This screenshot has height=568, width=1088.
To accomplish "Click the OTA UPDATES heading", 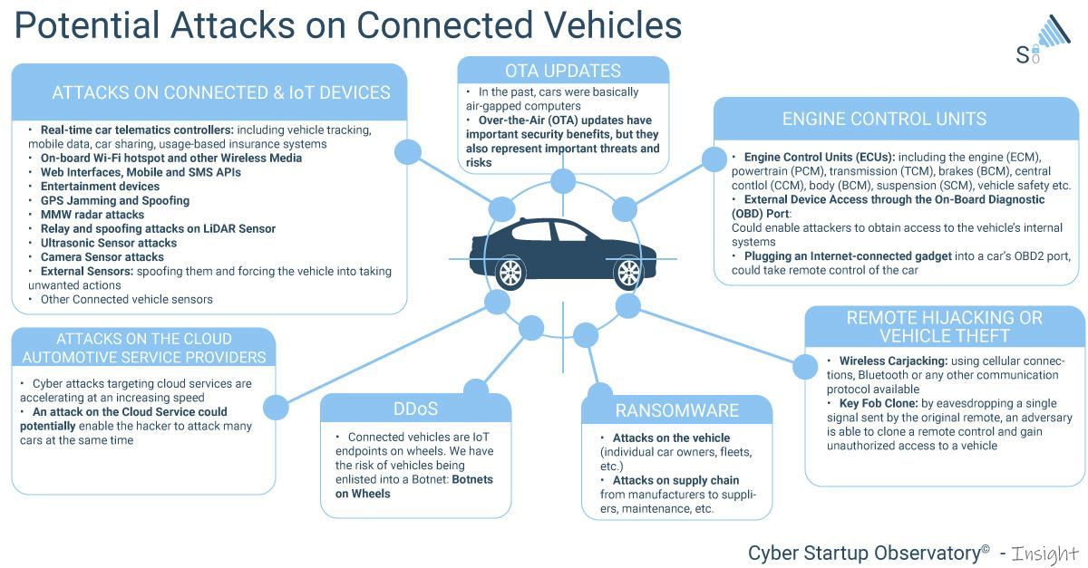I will [562, 71].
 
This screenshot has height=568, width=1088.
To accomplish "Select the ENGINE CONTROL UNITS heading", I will [884, 120].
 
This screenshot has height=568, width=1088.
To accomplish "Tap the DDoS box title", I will [415, 409].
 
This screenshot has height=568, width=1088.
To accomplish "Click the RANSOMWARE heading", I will [676, 411].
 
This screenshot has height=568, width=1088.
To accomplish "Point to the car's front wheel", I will [627, 272].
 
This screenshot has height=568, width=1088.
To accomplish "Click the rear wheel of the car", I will [510, 272].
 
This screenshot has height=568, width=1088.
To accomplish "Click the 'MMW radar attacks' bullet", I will [92, 215].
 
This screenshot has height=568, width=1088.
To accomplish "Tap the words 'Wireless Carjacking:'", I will [893, 361].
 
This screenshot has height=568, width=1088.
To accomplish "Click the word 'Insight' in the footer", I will [1043, 553].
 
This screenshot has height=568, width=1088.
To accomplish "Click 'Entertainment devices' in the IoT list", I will [100, 186].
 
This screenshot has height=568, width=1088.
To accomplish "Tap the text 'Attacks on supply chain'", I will [675, 480].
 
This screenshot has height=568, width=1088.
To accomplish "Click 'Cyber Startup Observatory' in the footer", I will [863, 553].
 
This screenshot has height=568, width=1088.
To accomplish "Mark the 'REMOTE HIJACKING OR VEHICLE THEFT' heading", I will [944, 327].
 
